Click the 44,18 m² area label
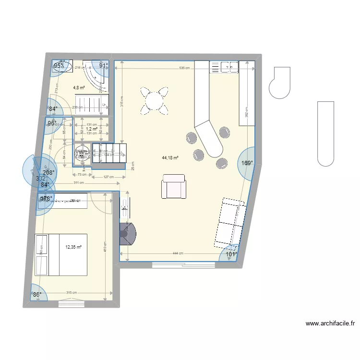point(170,157)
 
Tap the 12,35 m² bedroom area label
point(73,247)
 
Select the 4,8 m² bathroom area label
point(79,88)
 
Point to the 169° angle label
point(247,163)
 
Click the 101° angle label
point(232,254)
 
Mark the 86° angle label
point(37,295)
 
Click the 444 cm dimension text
point(178,253)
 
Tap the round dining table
point(155,101)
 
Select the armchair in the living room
point(174,187)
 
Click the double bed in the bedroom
point(61,255)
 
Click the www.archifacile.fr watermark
point(330,324)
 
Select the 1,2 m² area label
point(92,129)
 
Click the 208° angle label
point(48,173)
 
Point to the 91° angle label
point(103,66)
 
